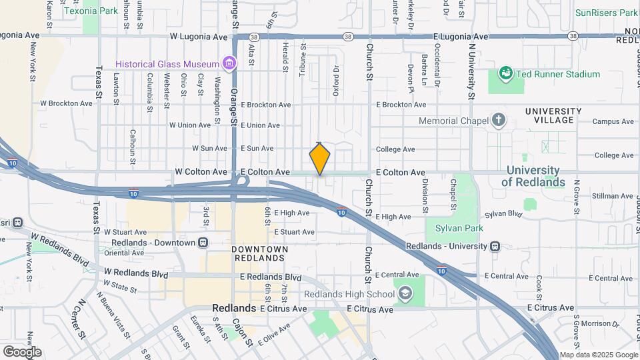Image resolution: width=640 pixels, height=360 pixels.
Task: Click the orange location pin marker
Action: click(x=320, y=159)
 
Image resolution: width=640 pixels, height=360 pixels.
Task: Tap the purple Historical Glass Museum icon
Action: click(x=229, y=64)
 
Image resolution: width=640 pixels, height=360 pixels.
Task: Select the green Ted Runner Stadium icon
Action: click(x=505, y=73)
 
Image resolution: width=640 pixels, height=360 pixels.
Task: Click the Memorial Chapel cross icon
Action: click(x=497, y=121)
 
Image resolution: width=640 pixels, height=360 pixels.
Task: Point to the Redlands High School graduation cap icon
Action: click(x=405, y=294)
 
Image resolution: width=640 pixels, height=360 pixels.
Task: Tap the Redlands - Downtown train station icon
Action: click(x=203, y=243)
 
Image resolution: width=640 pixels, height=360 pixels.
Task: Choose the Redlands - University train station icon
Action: click(x=494, y=246)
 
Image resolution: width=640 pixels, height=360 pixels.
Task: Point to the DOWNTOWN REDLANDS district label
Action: click(x=260, y=253)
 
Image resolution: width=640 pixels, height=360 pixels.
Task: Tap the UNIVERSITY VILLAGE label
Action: click(x=549, y=115)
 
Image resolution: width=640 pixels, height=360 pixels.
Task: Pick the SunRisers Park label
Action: click(x=606, y=13)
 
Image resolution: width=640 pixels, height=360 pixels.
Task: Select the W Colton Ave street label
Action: click(x=201, y=172)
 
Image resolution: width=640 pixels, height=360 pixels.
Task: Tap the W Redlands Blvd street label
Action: click(x=136, y=273)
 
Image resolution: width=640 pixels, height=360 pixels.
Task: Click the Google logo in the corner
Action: click(x=22, y=351)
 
